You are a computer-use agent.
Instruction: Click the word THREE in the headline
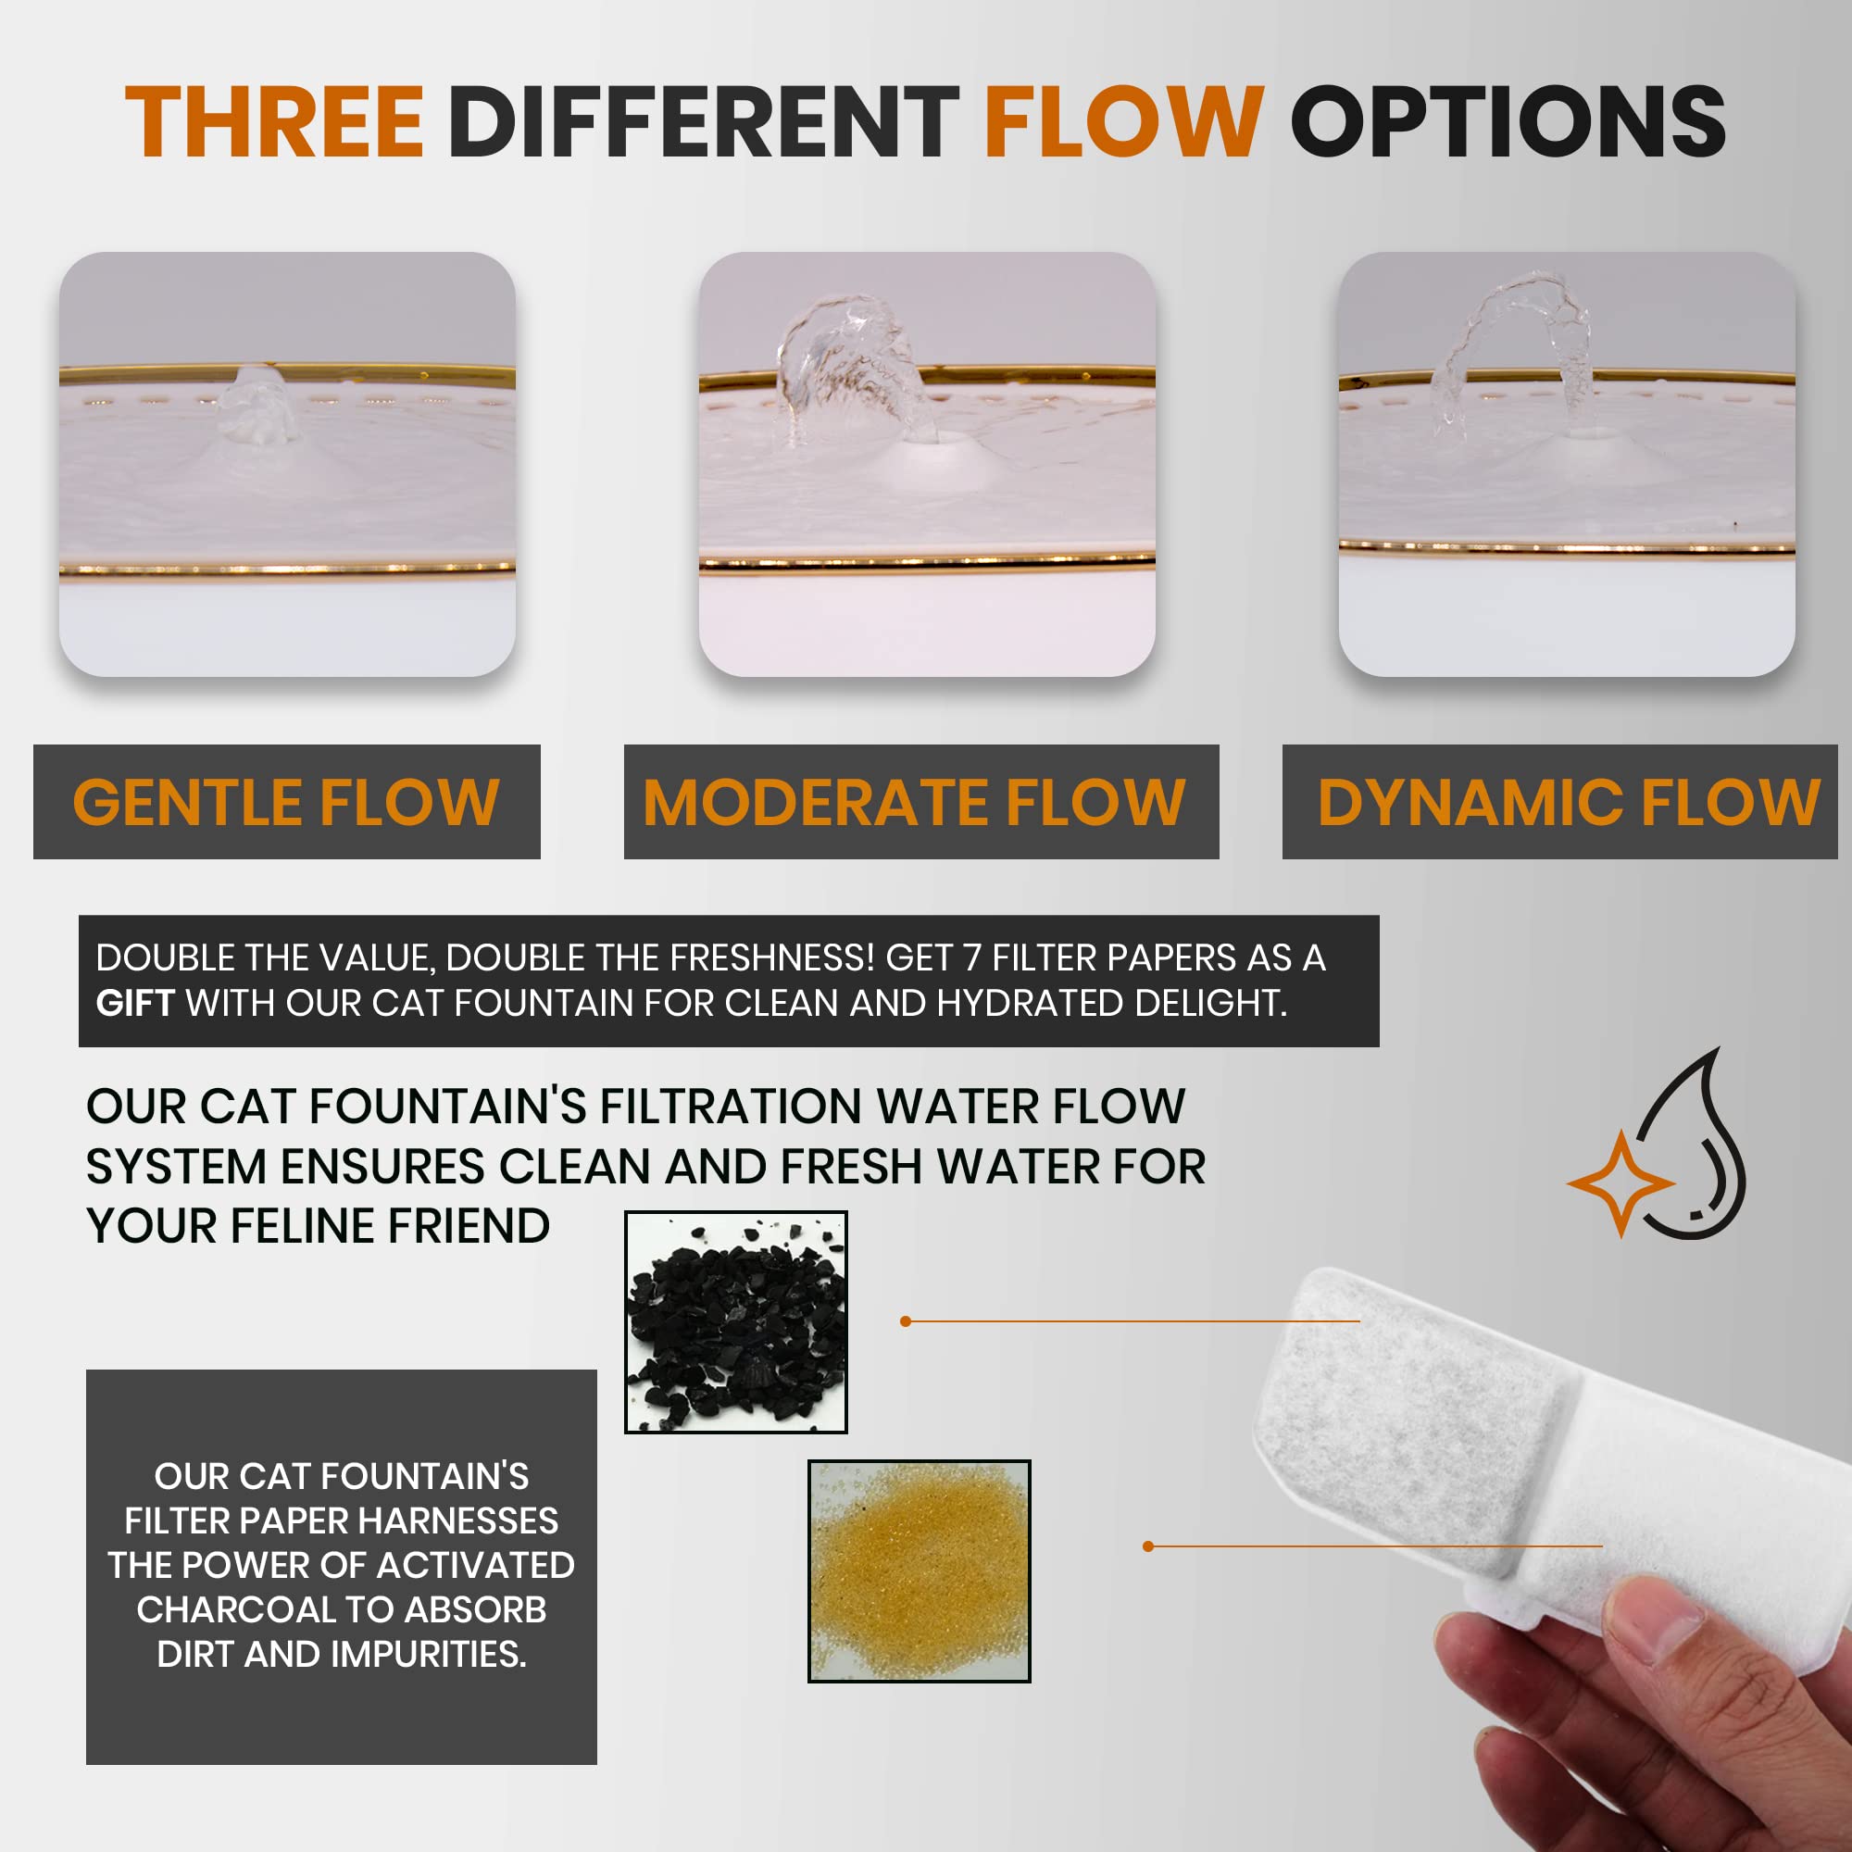pos(274,120)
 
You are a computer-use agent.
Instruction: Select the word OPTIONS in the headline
pos(1508,120)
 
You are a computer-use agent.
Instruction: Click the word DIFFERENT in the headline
pos(704,120)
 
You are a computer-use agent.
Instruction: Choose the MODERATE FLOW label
pos(915,802)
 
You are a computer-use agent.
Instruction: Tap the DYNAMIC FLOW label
pos(1569,802)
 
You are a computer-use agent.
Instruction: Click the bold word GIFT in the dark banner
pos(134,1003)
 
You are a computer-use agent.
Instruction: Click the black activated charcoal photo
pos(735,1322)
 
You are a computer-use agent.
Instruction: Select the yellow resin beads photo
pos(920,1570)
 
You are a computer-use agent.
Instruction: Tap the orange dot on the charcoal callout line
pos(906,1321)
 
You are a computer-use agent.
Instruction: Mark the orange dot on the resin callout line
pos(1148,1546)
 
